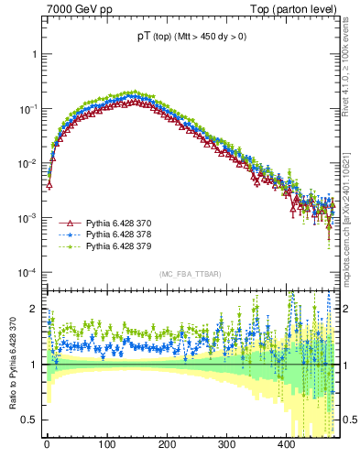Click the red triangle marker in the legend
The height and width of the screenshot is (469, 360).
tap(67, 224)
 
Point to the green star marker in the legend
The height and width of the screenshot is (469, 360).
tap(67, 247)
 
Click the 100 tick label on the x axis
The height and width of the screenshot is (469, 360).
tap(106, 444)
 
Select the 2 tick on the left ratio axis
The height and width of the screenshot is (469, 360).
tap(35, 310)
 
